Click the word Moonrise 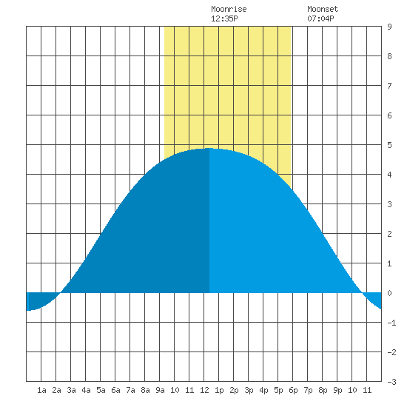[229, 10]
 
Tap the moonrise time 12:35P [224, 18]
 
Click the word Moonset [323, 10]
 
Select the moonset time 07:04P [320, 18]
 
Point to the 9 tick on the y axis [389, 27]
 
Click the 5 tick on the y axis [389, 145]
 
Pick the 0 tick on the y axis [389, 293]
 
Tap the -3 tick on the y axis [391, 382]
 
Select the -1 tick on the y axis [391, 323]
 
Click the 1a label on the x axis [41, 390]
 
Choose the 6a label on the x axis [115, 390]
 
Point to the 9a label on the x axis [160, 390]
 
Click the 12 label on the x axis [204, 390]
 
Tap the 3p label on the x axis [249, 390]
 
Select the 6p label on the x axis [293, 390]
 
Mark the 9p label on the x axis [337, 390]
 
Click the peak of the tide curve [209, 149]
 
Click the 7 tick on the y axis [389, 86]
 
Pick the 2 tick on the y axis [389, 234]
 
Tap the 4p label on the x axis [263, 390]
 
